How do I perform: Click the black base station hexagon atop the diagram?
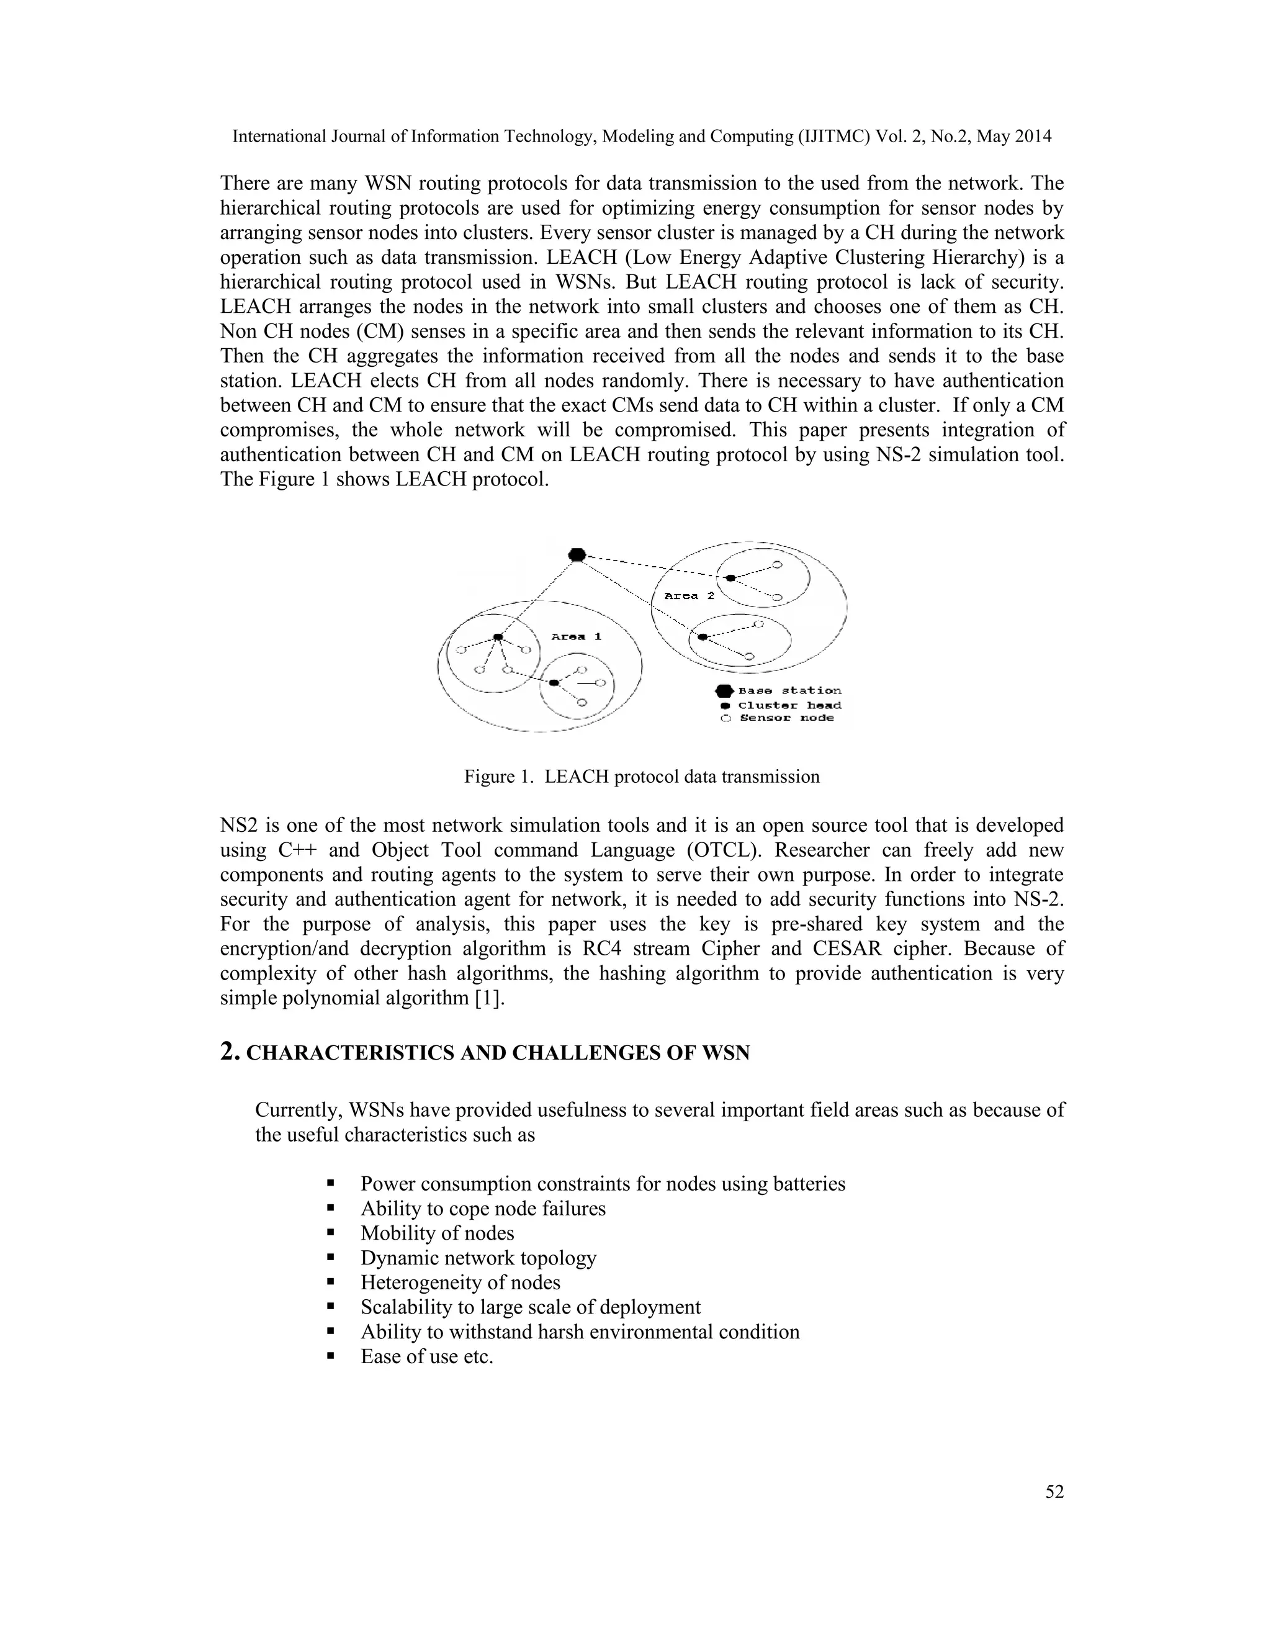click(x=577, y=555)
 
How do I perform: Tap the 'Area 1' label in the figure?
click(x=576, y=636)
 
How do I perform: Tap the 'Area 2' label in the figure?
click(x=689, y=596)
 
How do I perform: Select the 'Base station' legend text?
click(x=790, y=691)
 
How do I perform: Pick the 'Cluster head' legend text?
click(x=790, y=706)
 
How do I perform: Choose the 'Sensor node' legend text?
click(x=787, y=719)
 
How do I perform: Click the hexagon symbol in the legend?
click(x=724, y=691)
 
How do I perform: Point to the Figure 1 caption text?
click(x=642, y=777)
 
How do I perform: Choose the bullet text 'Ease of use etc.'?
click(x=426, y=1356)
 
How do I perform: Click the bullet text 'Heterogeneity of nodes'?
click(x=460, y=1282)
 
